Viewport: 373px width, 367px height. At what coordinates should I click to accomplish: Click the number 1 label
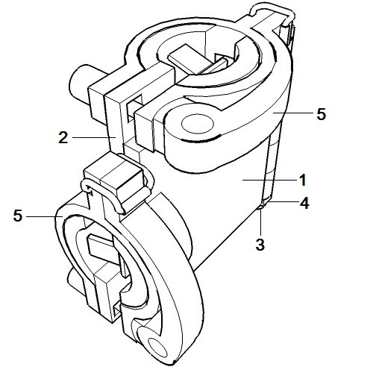302,180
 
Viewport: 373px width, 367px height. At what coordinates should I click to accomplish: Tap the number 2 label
63,137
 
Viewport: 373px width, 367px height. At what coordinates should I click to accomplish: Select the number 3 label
260,245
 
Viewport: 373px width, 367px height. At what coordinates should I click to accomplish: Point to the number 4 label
304,203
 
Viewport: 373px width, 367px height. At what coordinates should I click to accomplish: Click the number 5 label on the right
321,114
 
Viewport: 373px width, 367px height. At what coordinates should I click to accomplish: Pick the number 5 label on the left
18,216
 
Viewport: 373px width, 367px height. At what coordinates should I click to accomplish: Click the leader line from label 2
94,137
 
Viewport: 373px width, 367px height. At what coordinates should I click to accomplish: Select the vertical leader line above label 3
260,222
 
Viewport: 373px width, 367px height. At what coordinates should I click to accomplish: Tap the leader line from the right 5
292,113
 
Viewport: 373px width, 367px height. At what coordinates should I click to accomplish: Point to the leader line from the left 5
44,216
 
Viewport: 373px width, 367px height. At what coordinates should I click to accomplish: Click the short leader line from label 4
281,202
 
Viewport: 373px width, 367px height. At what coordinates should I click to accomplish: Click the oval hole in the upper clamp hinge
198,124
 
